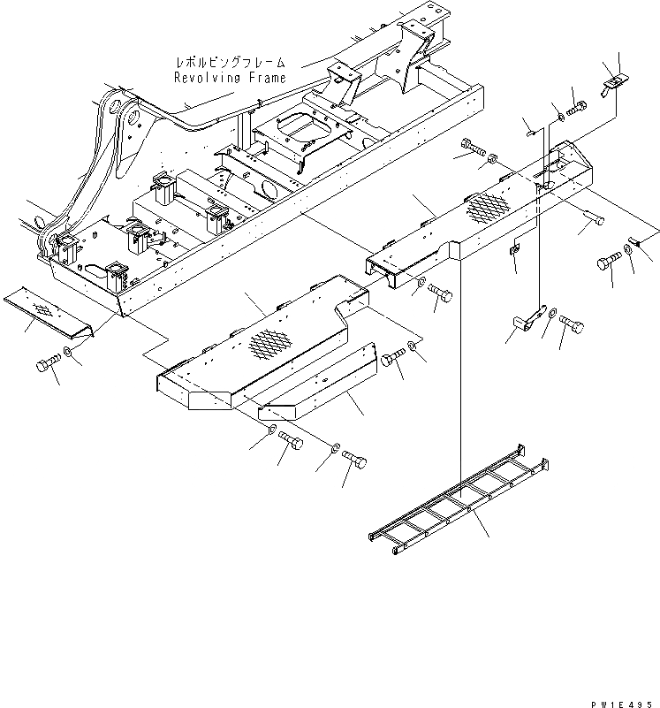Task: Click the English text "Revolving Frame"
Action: pos(230,78)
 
